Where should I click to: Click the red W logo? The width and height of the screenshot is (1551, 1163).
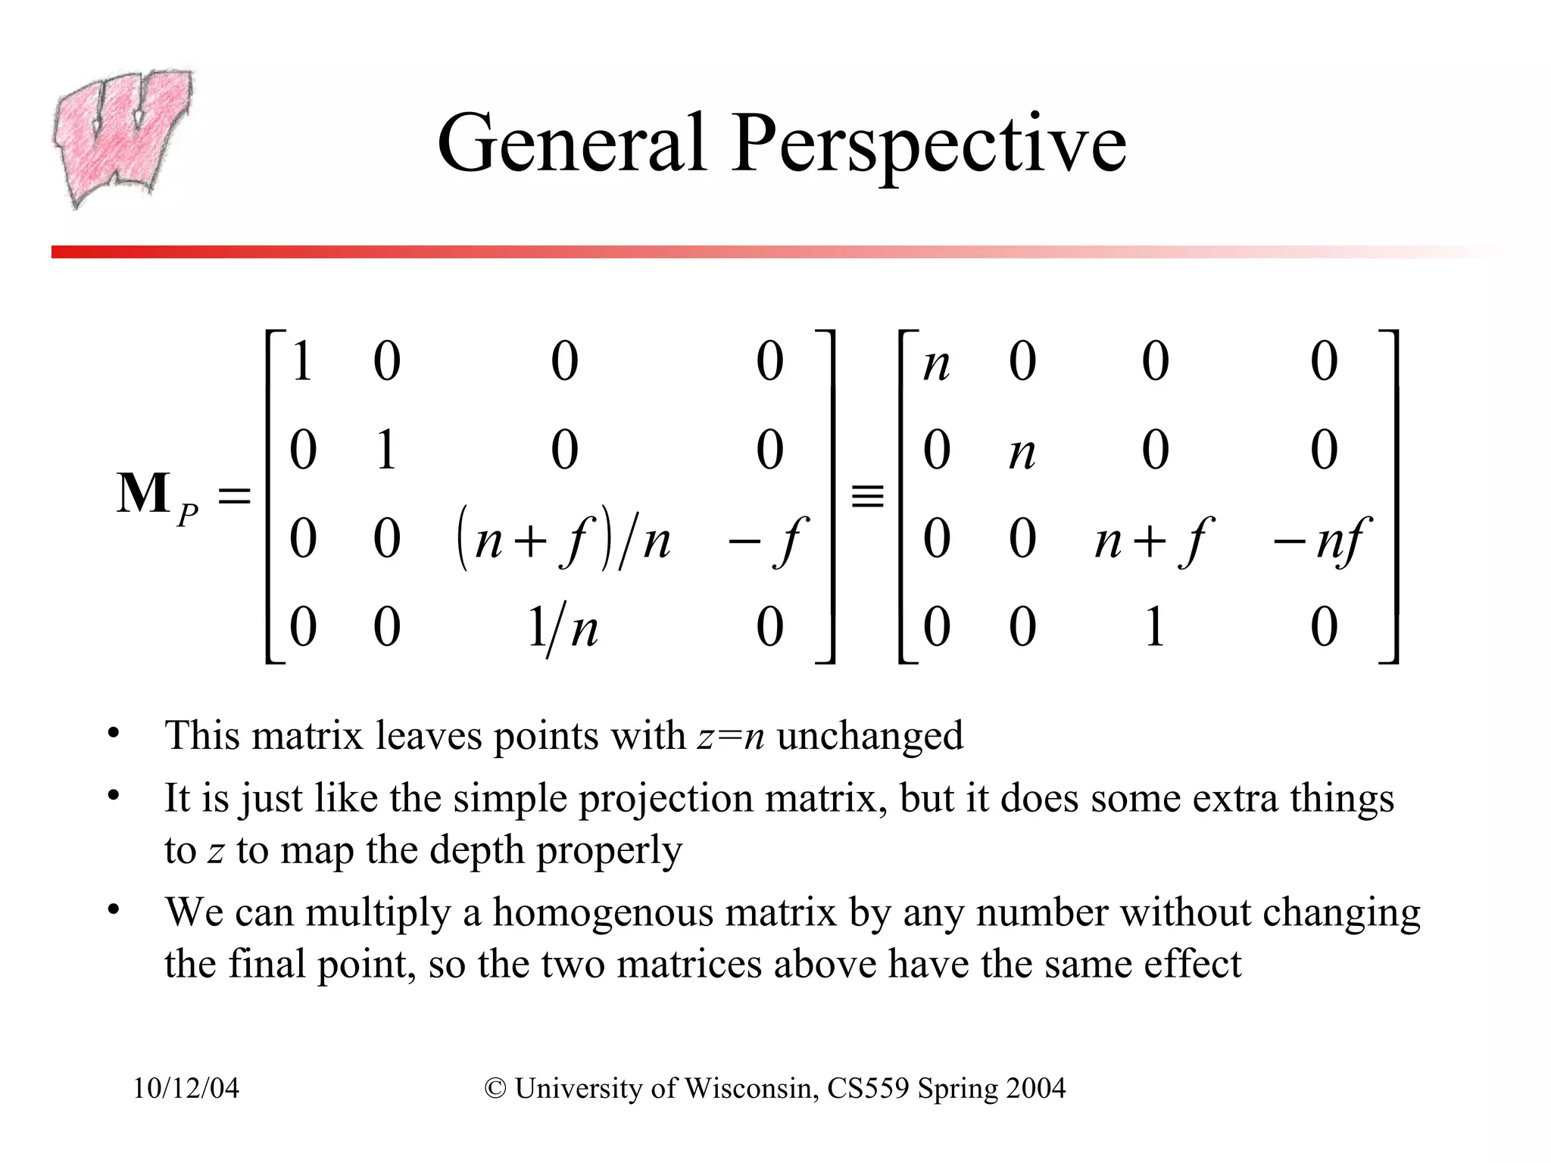[121, 136]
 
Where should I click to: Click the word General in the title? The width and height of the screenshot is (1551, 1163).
[572, 144]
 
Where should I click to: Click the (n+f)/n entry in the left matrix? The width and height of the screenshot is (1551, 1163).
[564, 539]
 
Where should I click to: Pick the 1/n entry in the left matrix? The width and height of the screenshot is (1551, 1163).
[563, 628]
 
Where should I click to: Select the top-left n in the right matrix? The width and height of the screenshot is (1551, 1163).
[937, 364]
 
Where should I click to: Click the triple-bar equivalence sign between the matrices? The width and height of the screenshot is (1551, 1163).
[867, 497]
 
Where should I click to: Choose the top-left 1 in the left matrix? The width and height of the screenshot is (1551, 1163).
[302, 361]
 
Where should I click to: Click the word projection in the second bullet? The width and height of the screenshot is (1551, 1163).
[666, 800]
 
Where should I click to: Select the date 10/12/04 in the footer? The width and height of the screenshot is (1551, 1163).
[186, 1089]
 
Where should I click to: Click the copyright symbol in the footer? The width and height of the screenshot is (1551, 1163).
[495, 1089]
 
